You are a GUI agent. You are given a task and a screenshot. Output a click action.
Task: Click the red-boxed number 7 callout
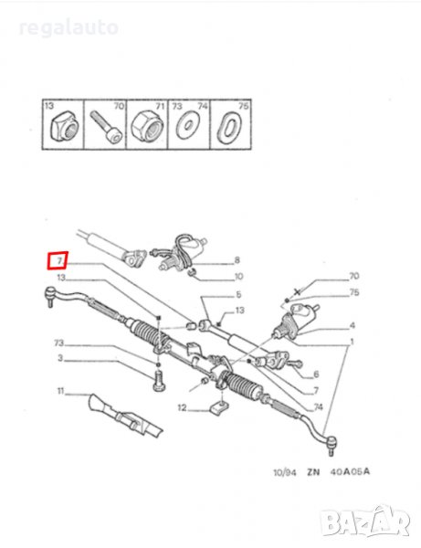58,260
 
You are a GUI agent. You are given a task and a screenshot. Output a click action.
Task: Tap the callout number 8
237,260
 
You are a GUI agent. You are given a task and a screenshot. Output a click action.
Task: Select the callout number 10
238,277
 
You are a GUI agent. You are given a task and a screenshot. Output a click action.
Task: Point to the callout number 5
238,294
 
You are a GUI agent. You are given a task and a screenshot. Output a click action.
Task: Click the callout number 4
353,325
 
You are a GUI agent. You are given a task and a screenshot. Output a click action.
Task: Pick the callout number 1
352,341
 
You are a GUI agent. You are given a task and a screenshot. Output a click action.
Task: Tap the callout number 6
316,374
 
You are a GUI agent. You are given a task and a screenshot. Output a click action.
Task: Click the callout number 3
60,358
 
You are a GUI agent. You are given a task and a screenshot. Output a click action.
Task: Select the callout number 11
61,390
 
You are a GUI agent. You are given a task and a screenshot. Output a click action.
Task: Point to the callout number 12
182,407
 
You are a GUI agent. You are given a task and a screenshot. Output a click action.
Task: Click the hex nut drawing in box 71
147,127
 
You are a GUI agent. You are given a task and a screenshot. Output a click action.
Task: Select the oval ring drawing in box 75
230,127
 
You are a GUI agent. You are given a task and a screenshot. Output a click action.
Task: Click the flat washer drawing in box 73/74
189,124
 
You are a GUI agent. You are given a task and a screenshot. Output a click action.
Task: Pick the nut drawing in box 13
64,125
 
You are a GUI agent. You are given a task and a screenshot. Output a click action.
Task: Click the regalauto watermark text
68,27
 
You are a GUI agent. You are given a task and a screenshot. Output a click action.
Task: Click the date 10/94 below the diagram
284,472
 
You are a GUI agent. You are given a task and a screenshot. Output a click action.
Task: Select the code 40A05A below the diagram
350,472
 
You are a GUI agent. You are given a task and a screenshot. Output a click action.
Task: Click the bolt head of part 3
159,387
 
